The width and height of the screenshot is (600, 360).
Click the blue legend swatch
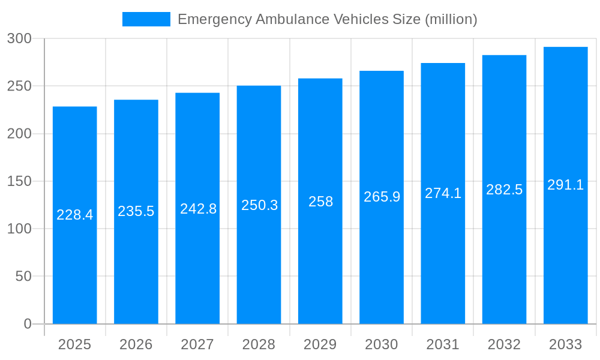[146, 19]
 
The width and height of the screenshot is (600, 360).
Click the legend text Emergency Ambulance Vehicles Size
[327, 19]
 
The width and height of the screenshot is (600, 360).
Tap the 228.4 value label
[75, 215]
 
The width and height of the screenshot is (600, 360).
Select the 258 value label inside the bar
[320, 202]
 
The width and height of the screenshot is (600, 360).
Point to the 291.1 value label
[565, 185]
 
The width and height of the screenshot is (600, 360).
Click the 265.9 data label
[382, 197]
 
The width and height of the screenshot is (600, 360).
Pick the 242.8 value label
[198, 209]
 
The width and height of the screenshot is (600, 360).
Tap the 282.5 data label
[504, 190]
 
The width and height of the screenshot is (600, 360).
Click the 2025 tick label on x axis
[74, 344]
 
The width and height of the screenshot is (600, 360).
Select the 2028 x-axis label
[259, 344]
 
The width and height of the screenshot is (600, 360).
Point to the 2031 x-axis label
[443, 344]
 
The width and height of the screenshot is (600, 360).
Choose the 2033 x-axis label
[565, 344]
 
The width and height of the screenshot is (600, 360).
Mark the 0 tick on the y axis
[27, 324]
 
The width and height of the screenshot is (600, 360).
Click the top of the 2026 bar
[136, 100]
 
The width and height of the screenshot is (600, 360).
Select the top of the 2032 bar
[504, 56]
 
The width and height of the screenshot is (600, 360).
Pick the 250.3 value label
[259, 205]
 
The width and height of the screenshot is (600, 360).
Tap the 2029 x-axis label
[320, 344]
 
